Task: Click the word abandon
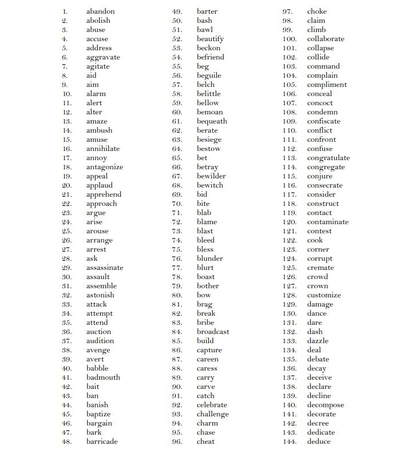100,11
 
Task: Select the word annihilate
103,149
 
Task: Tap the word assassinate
105,268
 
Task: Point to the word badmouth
103,377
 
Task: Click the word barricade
102,442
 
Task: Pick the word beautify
210,39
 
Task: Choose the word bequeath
212,121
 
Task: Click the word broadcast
213,332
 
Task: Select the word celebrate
212,405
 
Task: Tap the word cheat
206,442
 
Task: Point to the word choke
316,11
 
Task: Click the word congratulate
328,158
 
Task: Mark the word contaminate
327,222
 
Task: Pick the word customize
324,295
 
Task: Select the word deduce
319,442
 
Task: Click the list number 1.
65,11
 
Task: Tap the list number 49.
177,11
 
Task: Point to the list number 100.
289,39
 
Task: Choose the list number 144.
289,442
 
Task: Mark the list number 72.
177,222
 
